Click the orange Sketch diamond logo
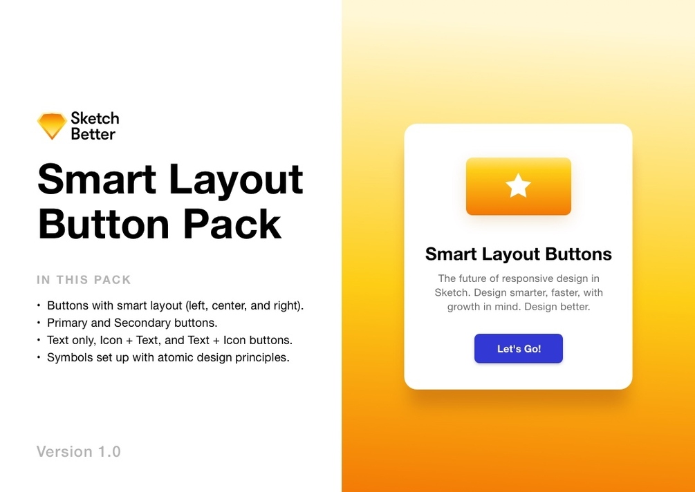(52, 126)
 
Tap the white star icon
(519, 186)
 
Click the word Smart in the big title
(97, 180)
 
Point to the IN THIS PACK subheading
(84, 280)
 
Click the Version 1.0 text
(79, 452)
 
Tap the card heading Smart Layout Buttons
(518, 254)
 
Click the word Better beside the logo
(93, 134)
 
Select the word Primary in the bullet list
(67, 323)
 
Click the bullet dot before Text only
(39, 341)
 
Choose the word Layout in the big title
(236, 180)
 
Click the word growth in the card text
(463, 307)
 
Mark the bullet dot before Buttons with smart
(39, 305)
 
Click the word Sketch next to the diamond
(95, 118)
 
